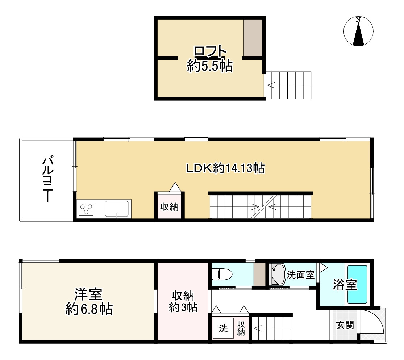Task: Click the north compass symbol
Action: point(358,32)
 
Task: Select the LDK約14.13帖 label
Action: point(225,168)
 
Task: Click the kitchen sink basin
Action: point(117,208)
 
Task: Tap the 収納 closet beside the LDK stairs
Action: point(169,207)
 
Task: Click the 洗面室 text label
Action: point(300,275)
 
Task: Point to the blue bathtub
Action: point(357,285)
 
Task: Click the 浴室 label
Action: point(345,285)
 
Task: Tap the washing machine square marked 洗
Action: point(223,328)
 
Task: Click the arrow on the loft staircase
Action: point(271,86)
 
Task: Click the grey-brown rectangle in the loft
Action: point(253,38)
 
